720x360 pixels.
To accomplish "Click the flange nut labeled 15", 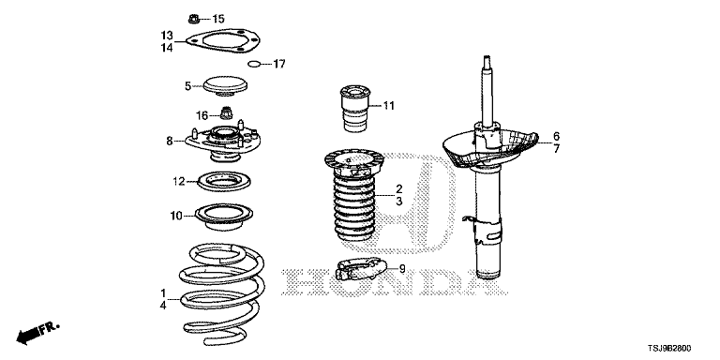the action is click(x=193, y=19).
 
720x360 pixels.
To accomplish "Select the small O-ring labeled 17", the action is click(x=254, y=64).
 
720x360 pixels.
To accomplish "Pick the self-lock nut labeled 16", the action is click(x=225, y=112).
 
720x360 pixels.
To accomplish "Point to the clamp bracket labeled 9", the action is click(x=360, y=269).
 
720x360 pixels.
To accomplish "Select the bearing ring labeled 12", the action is click(x=225, y=181).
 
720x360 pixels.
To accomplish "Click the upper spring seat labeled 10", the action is click(x=224, y=217).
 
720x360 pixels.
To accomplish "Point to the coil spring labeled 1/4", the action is click(x=223, y=293).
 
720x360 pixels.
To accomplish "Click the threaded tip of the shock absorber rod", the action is click(x=487, y=59).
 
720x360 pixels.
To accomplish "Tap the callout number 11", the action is click(x=388, y=106).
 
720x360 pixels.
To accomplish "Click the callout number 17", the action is click(x=279, y=64).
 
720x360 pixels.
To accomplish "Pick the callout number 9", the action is click(x=402, y=269).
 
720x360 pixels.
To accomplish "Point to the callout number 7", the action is click(x=557, y=149).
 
